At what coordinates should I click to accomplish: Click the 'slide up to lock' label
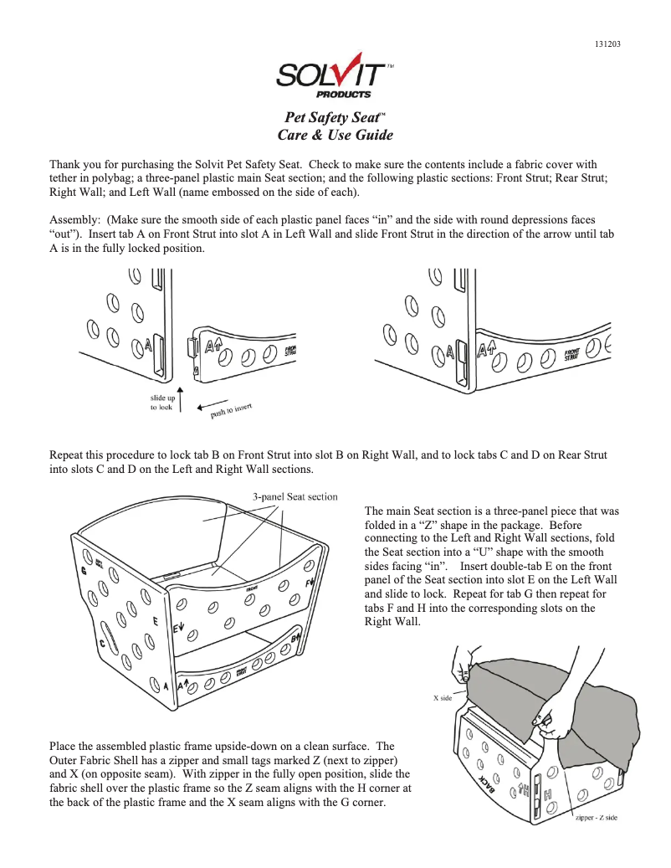pyautogui.click(x=161, y=402)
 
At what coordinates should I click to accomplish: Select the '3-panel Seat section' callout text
pyautogui.click(x=295, y=496)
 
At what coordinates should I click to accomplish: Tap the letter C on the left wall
pyautogui.click(x=102, y=644)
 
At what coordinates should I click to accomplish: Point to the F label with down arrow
pyautogui.click(x=310, y=581)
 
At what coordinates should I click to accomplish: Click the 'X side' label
pyautogui.click(x=442, y=697)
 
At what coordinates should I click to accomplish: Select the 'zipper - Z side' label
pyautogui.click(x=596, y=817)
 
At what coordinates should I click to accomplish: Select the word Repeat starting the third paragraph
pyautogui.click(x=69, y=455)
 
